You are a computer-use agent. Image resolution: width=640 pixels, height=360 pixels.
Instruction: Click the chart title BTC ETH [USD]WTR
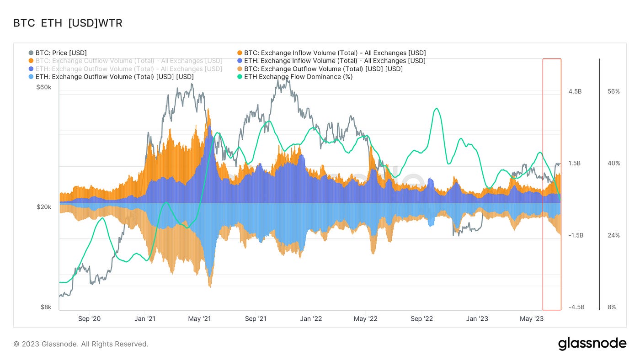click(x=68, y=23)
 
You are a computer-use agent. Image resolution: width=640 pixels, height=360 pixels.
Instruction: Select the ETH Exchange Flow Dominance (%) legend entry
click(x=298, y=77)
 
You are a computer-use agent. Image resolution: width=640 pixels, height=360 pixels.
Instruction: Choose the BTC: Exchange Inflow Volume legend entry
click(x=335, y=53)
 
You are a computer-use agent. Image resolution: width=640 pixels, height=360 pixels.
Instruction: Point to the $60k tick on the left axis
click(x=44, y=87)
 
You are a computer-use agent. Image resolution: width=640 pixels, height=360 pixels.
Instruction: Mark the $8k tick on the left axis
click(x=46, y=307)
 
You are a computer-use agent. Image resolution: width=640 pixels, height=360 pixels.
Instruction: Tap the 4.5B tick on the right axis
click(x=575, y=91)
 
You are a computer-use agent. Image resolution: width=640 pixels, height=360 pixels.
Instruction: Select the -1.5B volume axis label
click(x=575, y=235)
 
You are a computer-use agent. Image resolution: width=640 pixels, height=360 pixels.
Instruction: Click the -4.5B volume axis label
click(x=575, y=307)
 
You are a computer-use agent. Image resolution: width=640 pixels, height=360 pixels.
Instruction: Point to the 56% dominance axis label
click(x=614, y=91)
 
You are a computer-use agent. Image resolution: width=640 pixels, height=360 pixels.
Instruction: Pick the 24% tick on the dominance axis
click(x=614, y=235)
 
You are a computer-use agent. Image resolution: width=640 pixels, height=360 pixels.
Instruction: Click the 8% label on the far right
click(x=612, y=307)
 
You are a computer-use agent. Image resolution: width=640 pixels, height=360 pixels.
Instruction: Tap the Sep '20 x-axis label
click(x=91, y=318)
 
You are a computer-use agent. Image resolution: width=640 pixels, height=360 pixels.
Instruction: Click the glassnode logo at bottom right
click(x=592, y=344)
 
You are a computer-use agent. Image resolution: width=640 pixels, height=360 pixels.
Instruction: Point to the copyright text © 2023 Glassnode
click(x=81, y=344)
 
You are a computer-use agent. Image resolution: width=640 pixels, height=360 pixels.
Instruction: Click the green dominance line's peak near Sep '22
click(x=437, y=108)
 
